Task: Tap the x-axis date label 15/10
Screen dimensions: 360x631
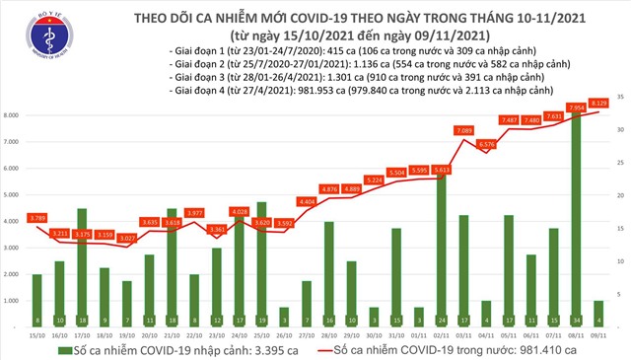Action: pyautogui.click(x=37, y=334)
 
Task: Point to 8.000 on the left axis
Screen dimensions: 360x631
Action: pyautogui.click(x=13, y=115)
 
